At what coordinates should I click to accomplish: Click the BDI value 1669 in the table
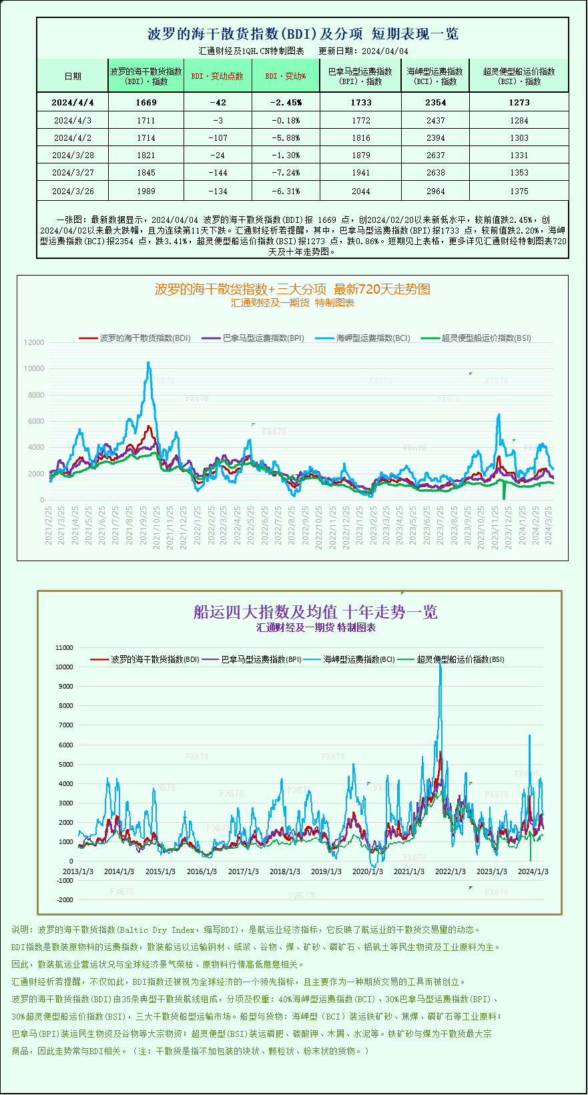click(x=145, y=102)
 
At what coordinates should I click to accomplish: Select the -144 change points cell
click(x=218, y=172)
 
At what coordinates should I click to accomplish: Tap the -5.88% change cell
click(x=286, y=137)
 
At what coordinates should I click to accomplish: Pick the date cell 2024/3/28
click(x=73, y=155)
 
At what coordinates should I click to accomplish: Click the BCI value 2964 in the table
click(x=435, y=191)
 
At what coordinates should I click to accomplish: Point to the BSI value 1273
click(x=519, y=102)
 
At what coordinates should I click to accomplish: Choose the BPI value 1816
click(x=360, y=137)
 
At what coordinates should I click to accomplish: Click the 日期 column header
click(x=73, y=76)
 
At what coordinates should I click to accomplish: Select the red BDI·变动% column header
click(x=286, y=76)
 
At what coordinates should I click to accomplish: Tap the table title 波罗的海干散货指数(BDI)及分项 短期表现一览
click(x=302, y=34)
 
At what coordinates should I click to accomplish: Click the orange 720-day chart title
click(x=292, y=289)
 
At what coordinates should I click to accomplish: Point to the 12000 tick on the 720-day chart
click(x=34, y=342)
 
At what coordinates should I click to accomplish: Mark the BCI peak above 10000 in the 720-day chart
click(x=148, y=364)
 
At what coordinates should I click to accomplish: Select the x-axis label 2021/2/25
click(x=49, y=525)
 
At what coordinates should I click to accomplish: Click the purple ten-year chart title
click(x=315, y=612)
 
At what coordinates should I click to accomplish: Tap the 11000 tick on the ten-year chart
click(x=65, y=647)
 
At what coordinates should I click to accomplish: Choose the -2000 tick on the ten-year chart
click(x=65, y=899)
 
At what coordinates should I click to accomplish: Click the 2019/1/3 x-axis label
click(x=326, y=871)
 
